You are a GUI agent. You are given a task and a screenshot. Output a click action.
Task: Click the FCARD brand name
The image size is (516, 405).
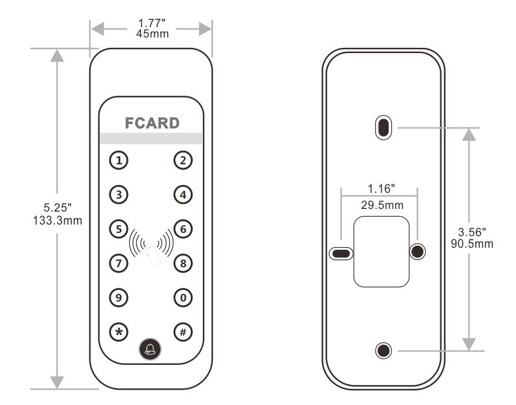pyautogui.click(x=151, y=123)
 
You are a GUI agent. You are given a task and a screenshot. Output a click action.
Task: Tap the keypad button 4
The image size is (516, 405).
pyautogui.click(x=184, y=193)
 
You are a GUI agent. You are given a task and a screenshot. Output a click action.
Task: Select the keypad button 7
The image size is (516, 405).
pyautogui.click(x=118, y=263)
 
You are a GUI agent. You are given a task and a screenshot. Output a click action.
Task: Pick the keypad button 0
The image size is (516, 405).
pyautogui.click(x=184, y=297)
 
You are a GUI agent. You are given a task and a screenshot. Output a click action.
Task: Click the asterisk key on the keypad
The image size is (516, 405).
pyautogui.click(x=118, y=332)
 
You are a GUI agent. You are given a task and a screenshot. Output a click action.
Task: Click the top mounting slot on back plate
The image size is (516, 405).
pyautogui.click(x=383, y=127)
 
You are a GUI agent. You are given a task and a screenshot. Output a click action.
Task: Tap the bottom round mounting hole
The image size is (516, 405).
pyautogui.click(x=383, y=351)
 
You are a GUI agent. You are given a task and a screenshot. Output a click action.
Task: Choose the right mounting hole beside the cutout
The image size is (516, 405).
pyautogui.click(x=417, y=251)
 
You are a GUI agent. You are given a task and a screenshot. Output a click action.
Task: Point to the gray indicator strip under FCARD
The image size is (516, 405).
pyautogui.click(x=151, y=138)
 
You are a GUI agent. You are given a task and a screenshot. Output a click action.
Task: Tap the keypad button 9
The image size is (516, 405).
pyautogui.click(x=118, y=297)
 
